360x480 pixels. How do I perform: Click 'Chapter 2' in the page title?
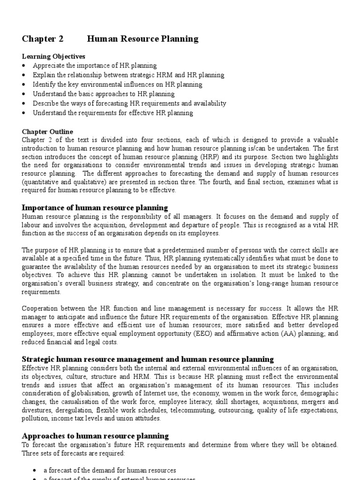[x=42, y=39]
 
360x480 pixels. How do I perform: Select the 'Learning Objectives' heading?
[x=54, y=56]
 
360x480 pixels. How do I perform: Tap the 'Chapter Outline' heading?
[x=48, y=132]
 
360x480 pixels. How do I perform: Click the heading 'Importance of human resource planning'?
[x=95, y=208]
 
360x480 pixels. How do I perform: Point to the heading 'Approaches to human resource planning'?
[x=96, y=436]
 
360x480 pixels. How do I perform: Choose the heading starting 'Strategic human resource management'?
[x=148, y=360]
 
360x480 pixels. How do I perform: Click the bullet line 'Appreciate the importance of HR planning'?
[x=95, y=66]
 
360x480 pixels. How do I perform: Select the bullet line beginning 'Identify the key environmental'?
[x=117, y=84]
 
